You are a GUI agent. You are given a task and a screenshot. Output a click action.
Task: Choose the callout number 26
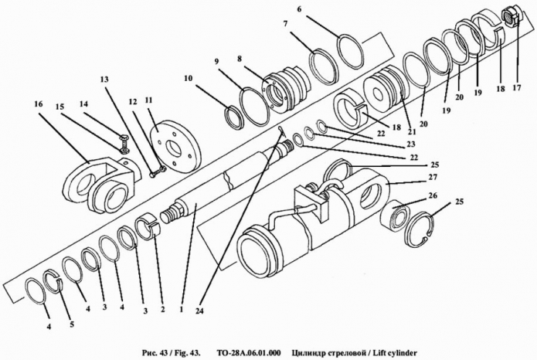click(433, 195)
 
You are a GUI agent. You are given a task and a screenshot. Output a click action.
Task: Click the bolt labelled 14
click(122, 141)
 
